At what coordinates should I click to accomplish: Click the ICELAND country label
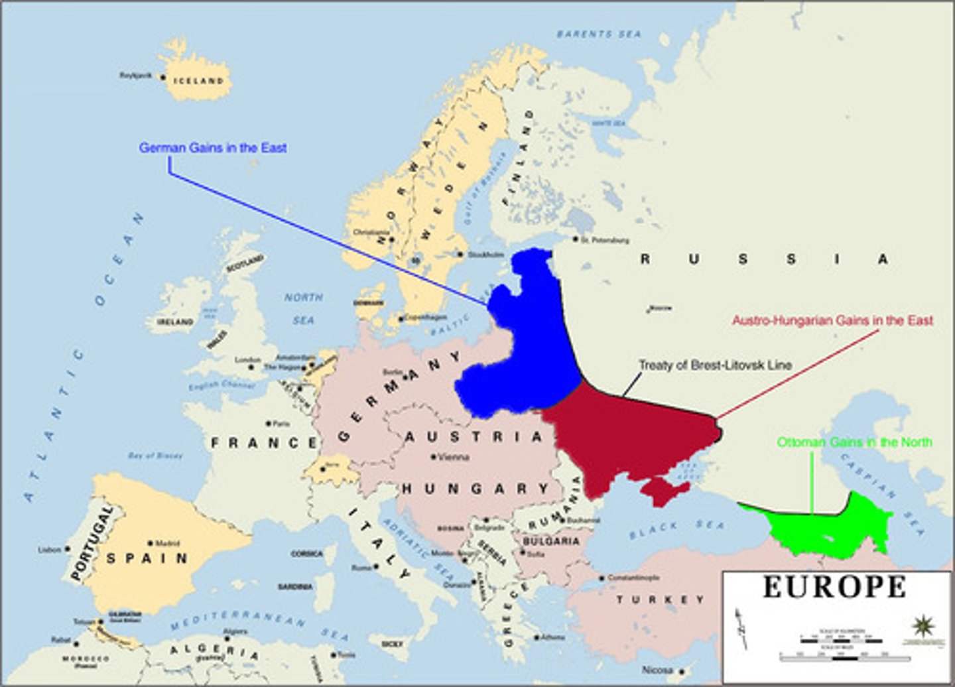pos(198,81)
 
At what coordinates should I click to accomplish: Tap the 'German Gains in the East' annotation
pos(213,148)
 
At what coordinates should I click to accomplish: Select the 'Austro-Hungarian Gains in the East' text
pos(832,320)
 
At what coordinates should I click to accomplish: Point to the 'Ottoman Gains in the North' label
pos(855,442)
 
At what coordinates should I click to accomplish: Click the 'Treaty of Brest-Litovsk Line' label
pos(715,365)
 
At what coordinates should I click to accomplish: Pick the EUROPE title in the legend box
pos(834,587)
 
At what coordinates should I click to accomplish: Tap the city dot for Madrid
pos(151,543)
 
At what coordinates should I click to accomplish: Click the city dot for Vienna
pos(433,457)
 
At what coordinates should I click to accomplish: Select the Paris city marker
pos(269,423)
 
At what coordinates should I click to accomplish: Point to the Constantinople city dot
pos(602,578)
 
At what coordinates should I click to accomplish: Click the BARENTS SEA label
pos(599,33)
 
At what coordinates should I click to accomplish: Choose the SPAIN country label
pos(147,558)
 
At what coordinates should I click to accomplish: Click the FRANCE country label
pos(264,443)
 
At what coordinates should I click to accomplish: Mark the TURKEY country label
pos(661,600)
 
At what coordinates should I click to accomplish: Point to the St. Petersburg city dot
pos(576,239)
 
